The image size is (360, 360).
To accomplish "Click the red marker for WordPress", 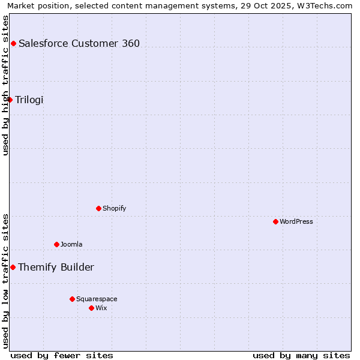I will [x=275, y=221].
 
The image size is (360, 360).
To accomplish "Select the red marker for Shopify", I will [x=98, y=208].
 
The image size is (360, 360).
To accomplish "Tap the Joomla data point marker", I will [x=56, y=244].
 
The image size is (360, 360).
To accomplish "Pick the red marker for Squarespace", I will [x=72, y=299].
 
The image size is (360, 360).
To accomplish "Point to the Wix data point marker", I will [x=91, y=308].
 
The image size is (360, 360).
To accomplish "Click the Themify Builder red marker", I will [x=13, y=267].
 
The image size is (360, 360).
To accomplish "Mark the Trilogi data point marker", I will [x=10, y=100].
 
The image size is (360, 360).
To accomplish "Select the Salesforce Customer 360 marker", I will [x=13, y=43].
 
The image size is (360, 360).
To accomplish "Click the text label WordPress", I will [x=296, y=221].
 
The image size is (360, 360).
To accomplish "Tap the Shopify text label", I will [x=114, y=208].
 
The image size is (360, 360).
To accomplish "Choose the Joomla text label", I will [x=71, y=244].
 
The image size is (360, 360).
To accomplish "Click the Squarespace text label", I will [x=97, y=299].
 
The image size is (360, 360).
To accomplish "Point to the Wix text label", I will [x=101, y=308].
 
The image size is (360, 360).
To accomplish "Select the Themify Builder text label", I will [x=56, y=267].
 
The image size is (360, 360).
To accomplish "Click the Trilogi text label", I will [x=29, y=100].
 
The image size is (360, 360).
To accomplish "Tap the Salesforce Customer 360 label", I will [x=79, y=43].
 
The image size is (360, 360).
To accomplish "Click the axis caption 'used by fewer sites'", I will [x=62, y=355].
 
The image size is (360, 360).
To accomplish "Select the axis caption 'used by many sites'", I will [x=301, y=355].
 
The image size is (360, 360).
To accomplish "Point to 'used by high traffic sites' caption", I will [x=5, y=85].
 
